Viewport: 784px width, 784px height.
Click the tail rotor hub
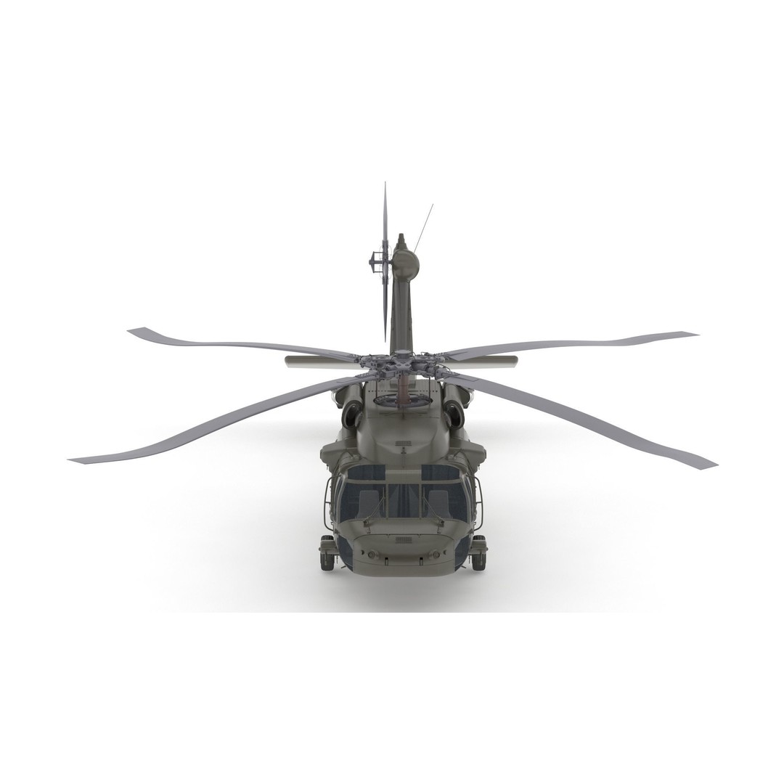click(378, 258)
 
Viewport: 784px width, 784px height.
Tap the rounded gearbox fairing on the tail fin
click(406, 264)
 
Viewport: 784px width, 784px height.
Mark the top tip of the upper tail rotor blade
click(385, 185)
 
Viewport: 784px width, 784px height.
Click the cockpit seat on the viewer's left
click(368, 503)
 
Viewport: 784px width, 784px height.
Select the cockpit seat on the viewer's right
click(438, 503)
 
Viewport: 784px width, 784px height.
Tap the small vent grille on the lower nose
click(403, 541)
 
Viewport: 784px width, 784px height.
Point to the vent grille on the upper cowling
click(403, 442)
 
